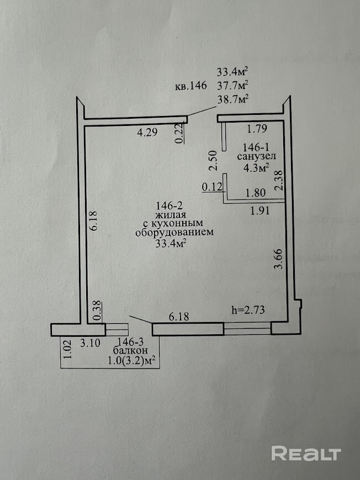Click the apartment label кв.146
pyautogui.click(x=190, y=86)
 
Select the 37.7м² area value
pyautogui.click(x=232, y=85)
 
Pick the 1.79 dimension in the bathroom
pyautogui.click(x=257, y=130)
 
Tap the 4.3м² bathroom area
pyautogui.click(x=253, y=166)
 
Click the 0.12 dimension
pyautogui.click(x=211, y=187)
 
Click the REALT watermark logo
pyautogui.click(x=305, y=454)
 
